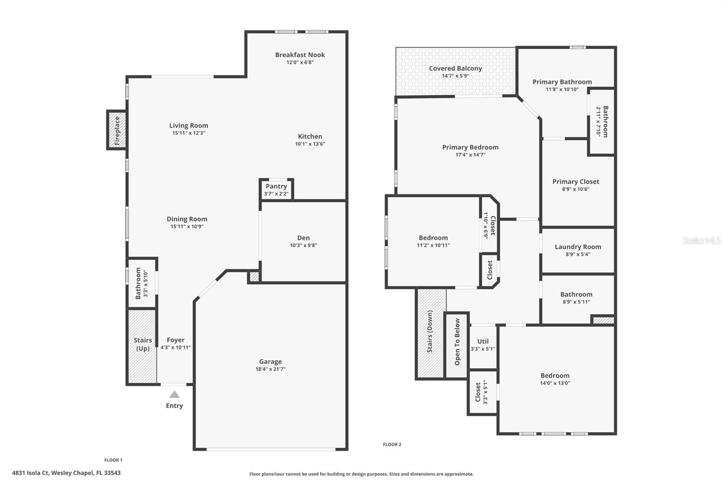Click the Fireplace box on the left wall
(x=117, y=130)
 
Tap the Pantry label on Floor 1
(x=276, y=186)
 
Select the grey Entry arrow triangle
(x=174, y=394)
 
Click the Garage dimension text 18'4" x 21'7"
(x=270, y=369)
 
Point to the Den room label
(x=303, y=238)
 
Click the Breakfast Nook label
(x=300, y=55)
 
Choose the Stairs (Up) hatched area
(x=142, y=356)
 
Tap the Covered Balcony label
(x=455, y=69)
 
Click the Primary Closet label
(x=576, y=181)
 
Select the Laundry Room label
(x=578, y=247)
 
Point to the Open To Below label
(x=457, y=342)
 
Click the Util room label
(x=483, y=342)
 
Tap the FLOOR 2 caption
(x=392, y=444)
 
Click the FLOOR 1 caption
(x=113, y=460)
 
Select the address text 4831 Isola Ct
(x=66, y=473)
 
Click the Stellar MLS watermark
(x=701, y=240)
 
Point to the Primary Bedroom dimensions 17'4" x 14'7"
(x=470, y=155)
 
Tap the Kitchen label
(x=310, y=137)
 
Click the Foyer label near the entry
(x=175, y=340)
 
